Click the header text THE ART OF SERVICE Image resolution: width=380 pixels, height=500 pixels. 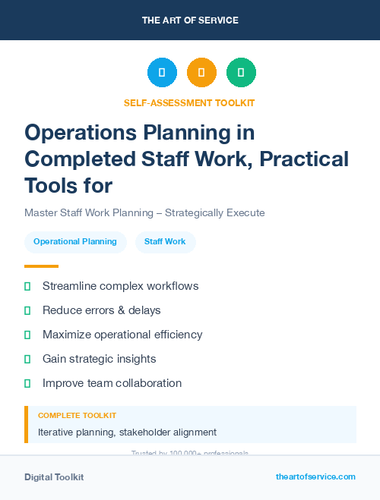click(190, 20)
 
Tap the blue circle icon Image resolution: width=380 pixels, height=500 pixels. click(162, 73)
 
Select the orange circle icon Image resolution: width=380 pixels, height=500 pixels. click(201, 73)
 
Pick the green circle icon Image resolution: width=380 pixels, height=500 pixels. click(241, 73)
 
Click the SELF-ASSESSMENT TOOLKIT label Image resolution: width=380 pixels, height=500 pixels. click(189, 102)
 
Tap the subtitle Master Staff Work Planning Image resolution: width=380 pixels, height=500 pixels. click(144, 212)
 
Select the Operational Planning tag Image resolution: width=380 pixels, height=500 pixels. click(74, 242)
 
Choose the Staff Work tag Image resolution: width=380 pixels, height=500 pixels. click(165, 242)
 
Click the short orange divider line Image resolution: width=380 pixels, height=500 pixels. click(41, 266)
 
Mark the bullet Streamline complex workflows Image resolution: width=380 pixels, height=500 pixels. click(120, 286)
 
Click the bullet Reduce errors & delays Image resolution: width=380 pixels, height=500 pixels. click(101, 310)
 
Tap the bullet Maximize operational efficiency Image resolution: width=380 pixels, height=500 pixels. click(122, 335)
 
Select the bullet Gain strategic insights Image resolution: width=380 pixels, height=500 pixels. click(99, 359)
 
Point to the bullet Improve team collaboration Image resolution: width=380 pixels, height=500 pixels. click(112, 383)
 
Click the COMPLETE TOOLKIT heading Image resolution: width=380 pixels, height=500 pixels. click(77, 416)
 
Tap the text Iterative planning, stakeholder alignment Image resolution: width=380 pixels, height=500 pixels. click(127, 432)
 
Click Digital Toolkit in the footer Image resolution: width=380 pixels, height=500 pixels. click(54, 477)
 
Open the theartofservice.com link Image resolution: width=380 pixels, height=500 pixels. click(315, 476)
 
